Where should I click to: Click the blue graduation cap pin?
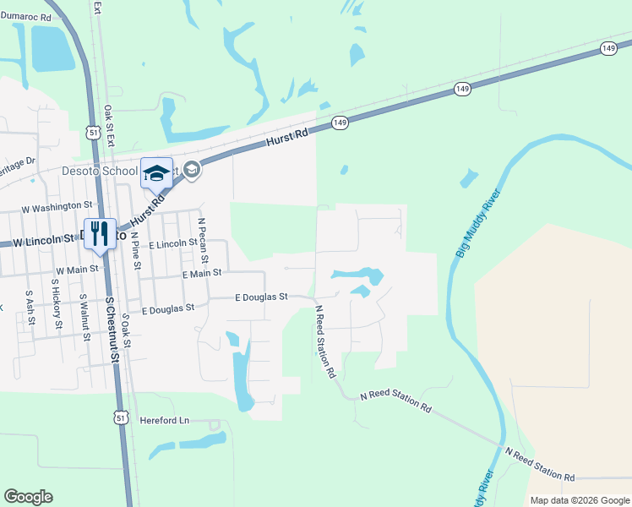156,172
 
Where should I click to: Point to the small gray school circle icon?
192,170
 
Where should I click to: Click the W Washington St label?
57,205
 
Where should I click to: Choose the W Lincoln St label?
38,241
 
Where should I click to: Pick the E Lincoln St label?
172,244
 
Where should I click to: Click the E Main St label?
201,273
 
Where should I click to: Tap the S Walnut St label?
84,316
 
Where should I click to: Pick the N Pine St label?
134,250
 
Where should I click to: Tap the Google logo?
28,497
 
